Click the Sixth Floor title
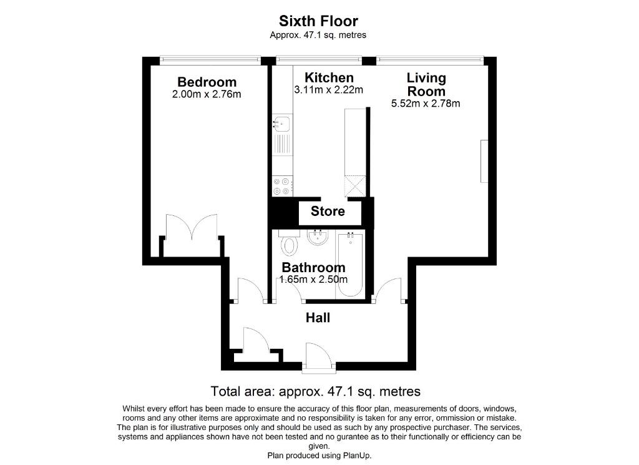point(318,21)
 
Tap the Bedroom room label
point(207,82)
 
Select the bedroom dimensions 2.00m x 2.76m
point(207,94)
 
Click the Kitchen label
point(329,77)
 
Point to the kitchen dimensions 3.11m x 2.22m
point(328,90)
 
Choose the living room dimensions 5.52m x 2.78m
point(426,104)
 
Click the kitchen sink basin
point(281,123)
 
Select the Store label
point(328,211)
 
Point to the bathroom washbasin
point(318,237)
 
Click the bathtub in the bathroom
point(350,265)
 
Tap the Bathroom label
point(313,267)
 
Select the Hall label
point(318,318)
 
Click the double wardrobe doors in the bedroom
point(192,227)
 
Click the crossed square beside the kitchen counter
point(355,187)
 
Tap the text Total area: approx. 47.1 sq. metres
point(315,391)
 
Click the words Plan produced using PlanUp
point(319,455)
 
